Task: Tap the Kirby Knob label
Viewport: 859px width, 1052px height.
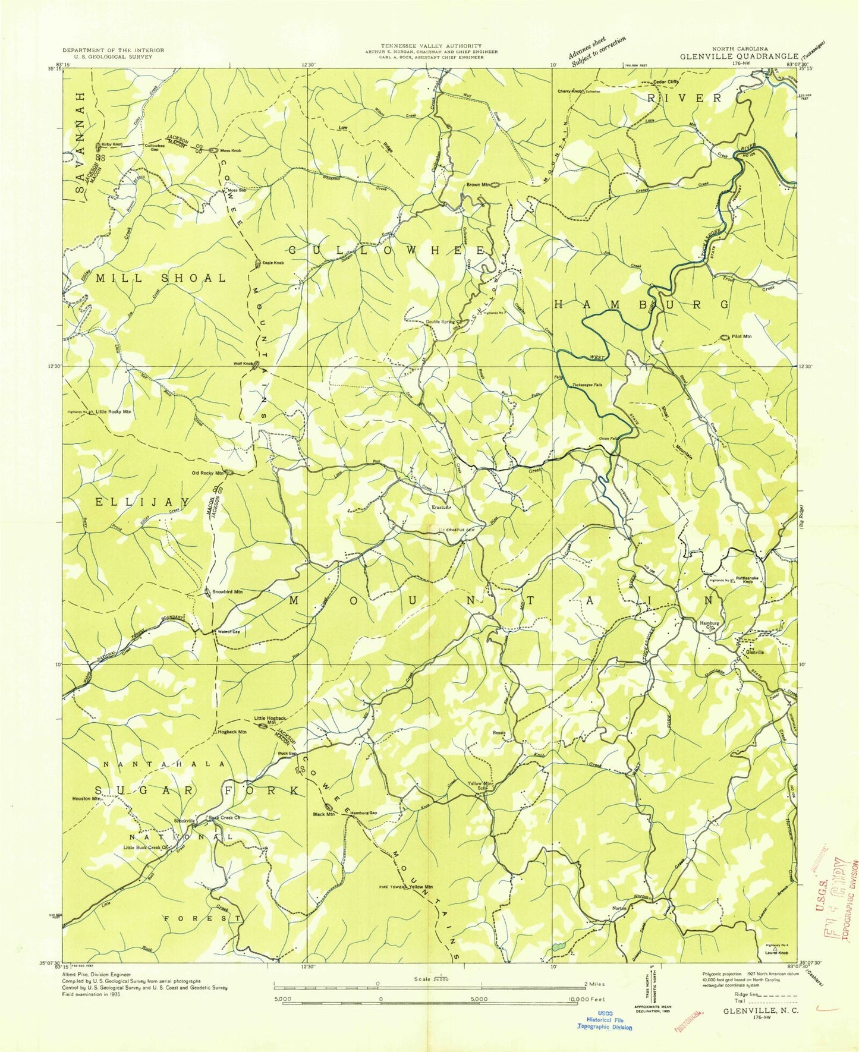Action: [112, 144]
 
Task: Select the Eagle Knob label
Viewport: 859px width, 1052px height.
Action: [273, 263]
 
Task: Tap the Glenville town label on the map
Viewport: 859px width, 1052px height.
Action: [754, 652]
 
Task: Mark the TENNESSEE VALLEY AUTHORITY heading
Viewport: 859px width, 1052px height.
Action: [432, 46]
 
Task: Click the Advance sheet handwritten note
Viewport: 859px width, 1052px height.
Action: [597, 52]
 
